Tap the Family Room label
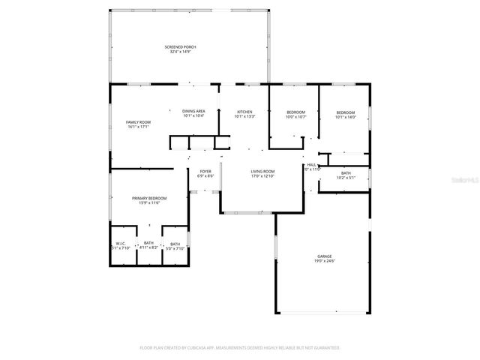point(138,122)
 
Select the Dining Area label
point(193,111)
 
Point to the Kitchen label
point(244,111)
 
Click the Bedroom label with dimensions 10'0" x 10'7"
point(295,112)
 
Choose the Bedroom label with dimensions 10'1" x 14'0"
point(345,112)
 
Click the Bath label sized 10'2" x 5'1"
point(345,173)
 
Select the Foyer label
point(205,172)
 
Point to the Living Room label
point(262,172)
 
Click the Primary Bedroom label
point(149,198)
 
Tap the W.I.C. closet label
point(121,243)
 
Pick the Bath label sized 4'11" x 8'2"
point(148,243)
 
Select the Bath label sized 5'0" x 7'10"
point(174,243)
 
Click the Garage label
point(324,256)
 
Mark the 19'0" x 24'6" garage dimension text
point(324,262)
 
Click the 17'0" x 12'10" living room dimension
point(262,176)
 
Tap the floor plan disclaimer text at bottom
point(240,347)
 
